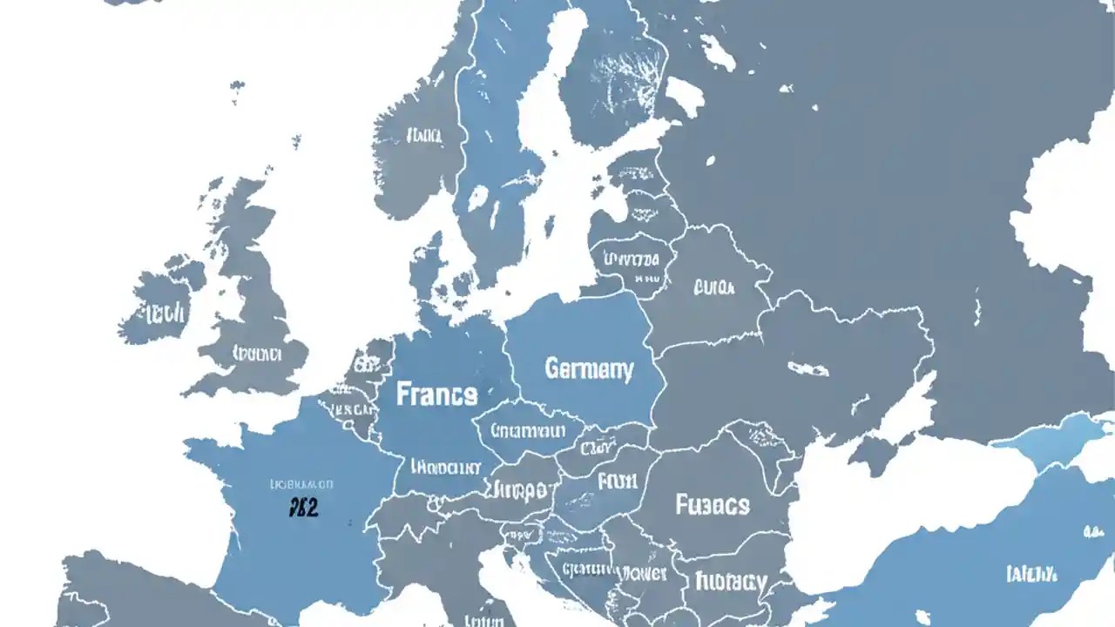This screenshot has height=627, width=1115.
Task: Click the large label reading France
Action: click(x=437, y=394)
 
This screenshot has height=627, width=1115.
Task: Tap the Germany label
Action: click(x=589, y=369)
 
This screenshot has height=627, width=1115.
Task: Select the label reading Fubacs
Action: click(x=712, y=504)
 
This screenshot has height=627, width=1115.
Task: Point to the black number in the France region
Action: click(x=303, y=508)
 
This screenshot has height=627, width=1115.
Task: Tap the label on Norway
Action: click(x=423, y=136)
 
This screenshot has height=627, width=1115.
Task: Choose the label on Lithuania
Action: click(x=633, y=259)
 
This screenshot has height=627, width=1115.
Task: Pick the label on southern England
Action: click(x=257, y=354)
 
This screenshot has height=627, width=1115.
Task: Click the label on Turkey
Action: click(x=1031, y=573)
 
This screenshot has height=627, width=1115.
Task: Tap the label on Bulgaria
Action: click(x=732, y=581)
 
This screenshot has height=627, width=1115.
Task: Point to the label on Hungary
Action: click(x=618, y=481)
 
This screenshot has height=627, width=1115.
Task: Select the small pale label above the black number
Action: click(x=301, y=483)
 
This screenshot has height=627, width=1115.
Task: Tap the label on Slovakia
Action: click(x=598, y=449)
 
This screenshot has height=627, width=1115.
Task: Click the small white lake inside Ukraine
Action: click(x=808, y=369)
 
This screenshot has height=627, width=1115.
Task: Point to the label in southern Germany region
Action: click(x=444, y=468)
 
